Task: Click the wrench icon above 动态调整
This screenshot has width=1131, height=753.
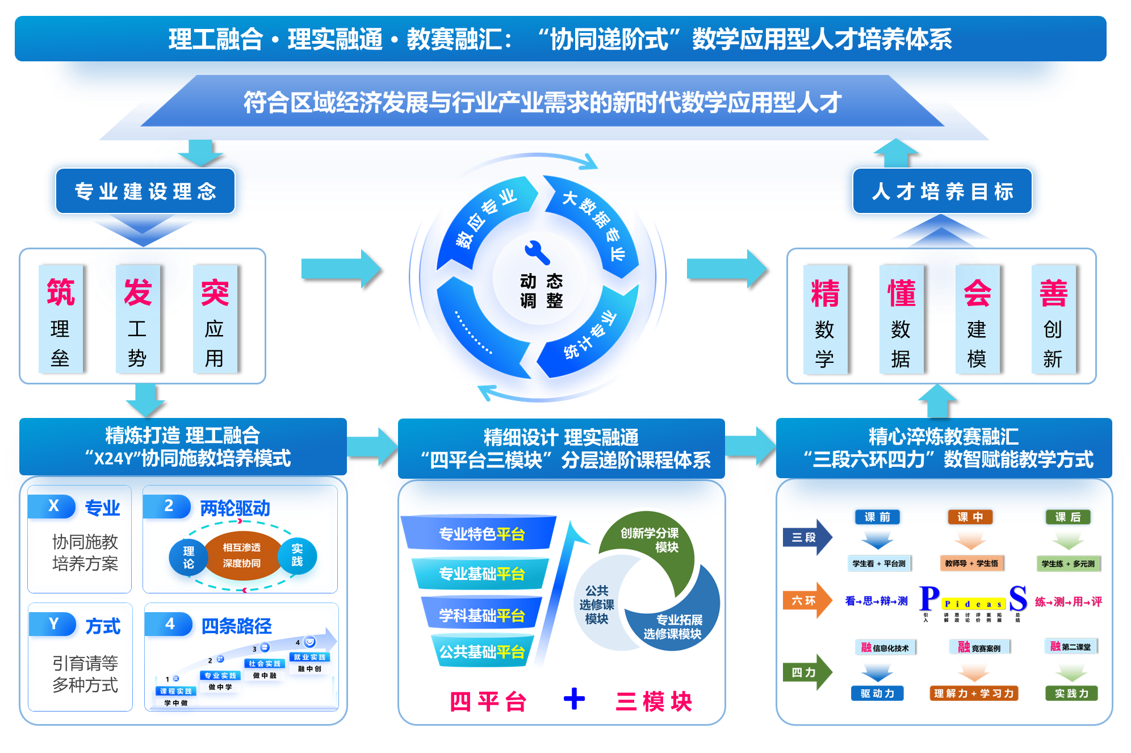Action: pyautogui.click(x=537, y=253)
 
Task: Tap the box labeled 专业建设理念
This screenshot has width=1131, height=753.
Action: pyautogui.click(x=145, y=191)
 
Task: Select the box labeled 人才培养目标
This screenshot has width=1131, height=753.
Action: pyautogui.click(x=942, y=191)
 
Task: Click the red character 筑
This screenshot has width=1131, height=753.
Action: pyautogui.click(x=61, y=292)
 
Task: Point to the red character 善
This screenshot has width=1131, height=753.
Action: pyautogui.click(x=1053, y=293)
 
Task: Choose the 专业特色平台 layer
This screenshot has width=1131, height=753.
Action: pyautogui.click(x=480, y=534)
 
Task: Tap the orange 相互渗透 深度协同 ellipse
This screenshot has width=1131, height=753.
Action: pyautogui.click(x=242, y=555)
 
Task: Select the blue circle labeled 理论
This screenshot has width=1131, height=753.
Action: pyautogui.click(x=188, y=558)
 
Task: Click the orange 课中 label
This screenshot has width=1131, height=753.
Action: pyautogui.click(x=970, y=517)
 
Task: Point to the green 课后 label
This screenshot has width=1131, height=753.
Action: pyautogui.click(x=1067, y=517)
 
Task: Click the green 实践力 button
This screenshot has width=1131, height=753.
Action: pyautogui.click(x=1071, y=693)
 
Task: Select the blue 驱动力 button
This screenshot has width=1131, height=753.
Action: pyautogui.click(x=877, y=693)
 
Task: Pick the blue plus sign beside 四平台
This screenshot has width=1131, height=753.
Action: pyautogui.click(x=574, y=699)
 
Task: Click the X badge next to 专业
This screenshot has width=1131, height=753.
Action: pyautogui.click(x=53, y=506)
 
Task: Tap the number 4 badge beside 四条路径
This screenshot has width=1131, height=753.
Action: pyautogui.click(x=169, y=624)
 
